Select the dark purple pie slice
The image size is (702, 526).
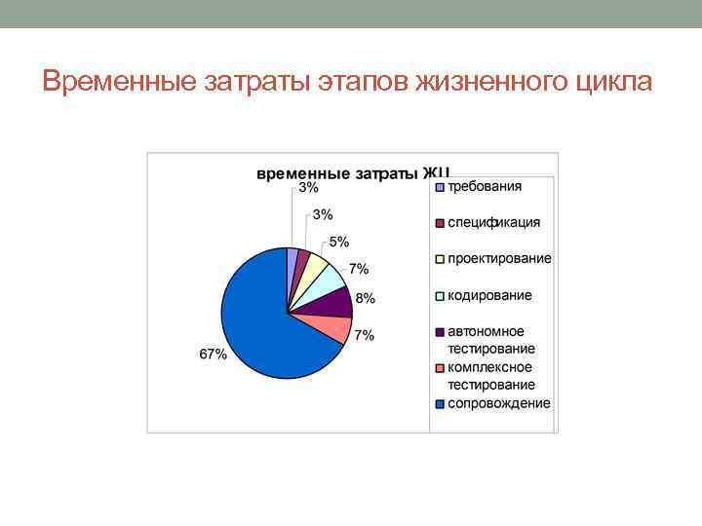pyautogui.click(x=335, y=303)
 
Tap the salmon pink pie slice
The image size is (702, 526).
pyautogui.click(x=331, y=327)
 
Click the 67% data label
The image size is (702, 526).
pyautogui.click(x=214, y=355)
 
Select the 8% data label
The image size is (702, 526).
pyautogui.click(x=365, y=298)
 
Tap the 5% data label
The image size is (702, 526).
pyautogui.click(x=338, y=242)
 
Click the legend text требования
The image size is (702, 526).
pyautogui.click(x=485, y=186)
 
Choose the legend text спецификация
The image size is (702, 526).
pyautogui.click(x=493, y=222)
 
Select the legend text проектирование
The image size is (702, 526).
pyautogui.click(x=499, y=258)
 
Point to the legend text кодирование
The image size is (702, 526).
pyautogui.click(x=489, y=295)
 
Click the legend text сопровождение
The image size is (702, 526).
pyautogui.click(x=498, y=403)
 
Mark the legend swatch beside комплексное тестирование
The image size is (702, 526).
pyautogui.click(x=440, y=368)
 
